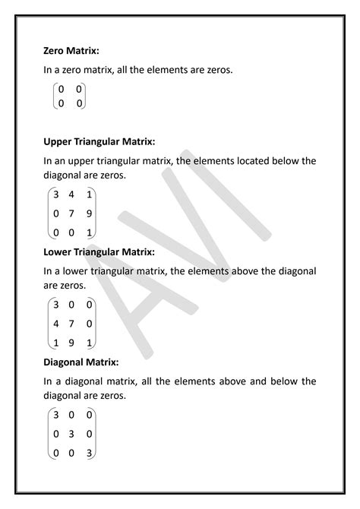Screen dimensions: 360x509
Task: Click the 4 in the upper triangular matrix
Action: click(x=71, y=194)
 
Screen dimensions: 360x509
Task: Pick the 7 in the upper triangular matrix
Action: click(x=71, y=213)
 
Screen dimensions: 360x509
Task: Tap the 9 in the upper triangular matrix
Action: click(x=89, y=213)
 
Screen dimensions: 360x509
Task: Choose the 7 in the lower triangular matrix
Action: click(x=71, y=323)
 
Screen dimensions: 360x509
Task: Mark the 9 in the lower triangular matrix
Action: click(x=71, y=342)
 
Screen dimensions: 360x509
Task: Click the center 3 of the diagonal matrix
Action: click(x=71, y=434)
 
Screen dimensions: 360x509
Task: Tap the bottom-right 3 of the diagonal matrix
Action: click(x=89, y=454)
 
